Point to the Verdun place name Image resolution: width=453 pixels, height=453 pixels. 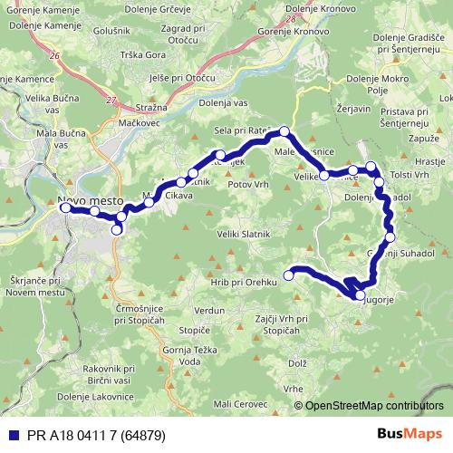pyautogui.click(x=208, y=311)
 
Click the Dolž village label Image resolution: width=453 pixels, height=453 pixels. pyautogui.click(x=297, y=363)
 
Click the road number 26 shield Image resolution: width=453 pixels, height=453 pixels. pyautogui.click(x=56, y=56)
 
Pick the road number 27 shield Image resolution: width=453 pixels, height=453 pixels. pyautogui.click(x=111, y=101)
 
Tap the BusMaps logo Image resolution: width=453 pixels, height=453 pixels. pyautogui.click(x=409, y=433)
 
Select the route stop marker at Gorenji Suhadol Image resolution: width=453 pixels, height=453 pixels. pyautogui.click(x=390, y=238)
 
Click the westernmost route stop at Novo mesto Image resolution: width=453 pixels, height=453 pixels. pyautogui.click(x=65, y=207)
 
